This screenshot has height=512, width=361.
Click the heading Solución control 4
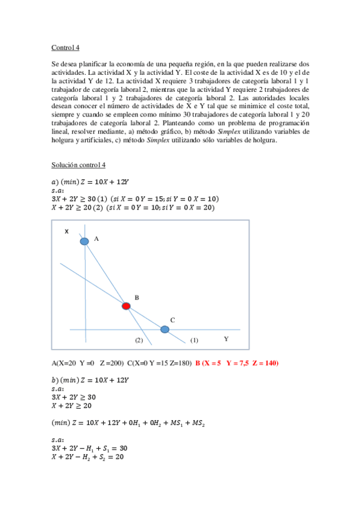[x=79, y=165]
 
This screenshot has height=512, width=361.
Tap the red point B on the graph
[x=126, y=306]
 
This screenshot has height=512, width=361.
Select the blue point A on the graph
[x=84, y=241]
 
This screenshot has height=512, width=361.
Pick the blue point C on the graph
[x=165, y=329]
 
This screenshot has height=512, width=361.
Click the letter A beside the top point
[x=96, y=239]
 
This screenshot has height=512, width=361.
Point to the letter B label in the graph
[x=137, y=298]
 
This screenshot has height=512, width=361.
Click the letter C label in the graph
[x=173, y=320]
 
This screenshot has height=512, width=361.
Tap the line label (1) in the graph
[x=194, y=341]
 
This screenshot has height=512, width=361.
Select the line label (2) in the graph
[x=139, y=341]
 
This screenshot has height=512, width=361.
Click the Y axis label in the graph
[x=226, y=339]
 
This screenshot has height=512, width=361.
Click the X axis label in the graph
[x=66, y=231]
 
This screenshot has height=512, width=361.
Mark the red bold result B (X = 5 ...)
[x=237, y=363]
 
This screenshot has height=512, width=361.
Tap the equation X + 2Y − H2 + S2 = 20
[x=88, y=458]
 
